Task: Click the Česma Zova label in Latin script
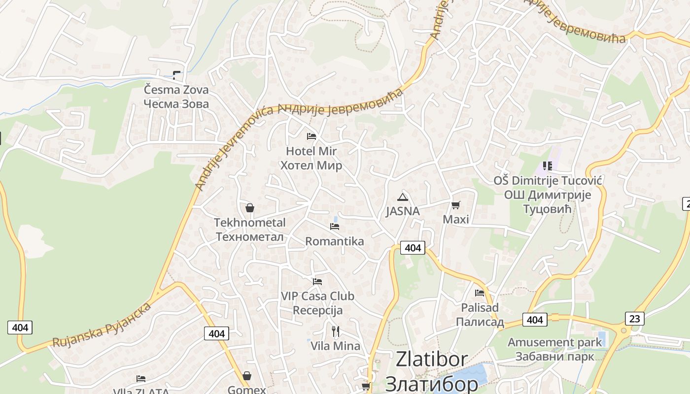[x=176, y=90]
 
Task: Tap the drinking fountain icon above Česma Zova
[x=176, y=75]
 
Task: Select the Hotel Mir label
[x=311, y=151]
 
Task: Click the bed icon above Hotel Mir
[x=311, y=136]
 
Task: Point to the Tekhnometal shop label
[x=250, y=223]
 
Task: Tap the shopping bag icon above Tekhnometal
[x=250, y=208]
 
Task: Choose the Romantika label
[x=335, y=241]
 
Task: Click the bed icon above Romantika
[x=335, y=227]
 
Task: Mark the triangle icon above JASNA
[x=403, y=197]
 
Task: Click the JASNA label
[x=403, y=211]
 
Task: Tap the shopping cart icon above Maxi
[x=456, y=205]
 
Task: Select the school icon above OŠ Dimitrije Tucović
[x=547, y=166]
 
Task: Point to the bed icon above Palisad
[x=480, y=293]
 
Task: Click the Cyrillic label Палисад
[x=480, y=322]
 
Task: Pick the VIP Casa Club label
[x=317, y=296]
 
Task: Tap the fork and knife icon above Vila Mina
[x=336, y=331]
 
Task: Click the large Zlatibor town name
[x=431, y=360]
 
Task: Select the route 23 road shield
[x=634, y=319]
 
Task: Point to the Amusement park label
[x=554, y=342]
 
